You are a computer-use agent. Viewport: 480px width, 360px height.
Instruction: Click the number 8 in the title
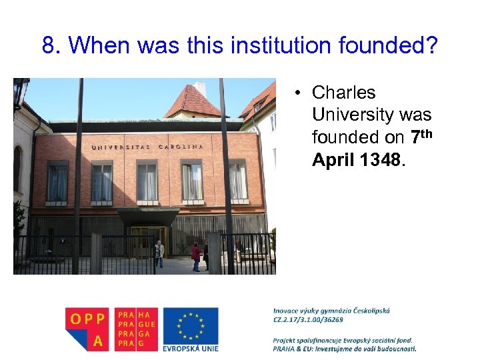pos(48,45)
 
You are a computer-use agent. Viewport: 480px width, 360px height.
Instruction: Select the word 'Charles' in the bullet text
pos(343,93)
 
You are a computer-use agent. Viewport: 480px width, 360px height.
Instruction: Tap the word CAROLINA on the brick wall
pos(181,146)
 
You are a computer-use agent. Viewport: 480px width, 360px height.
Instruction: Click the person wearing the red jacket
pos(195,255)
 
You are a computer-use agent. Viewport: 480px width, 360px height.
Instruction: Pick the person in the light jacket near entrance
pos(159,254)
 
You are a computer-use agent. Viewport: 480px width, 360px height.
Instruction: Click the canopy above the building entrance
pos(148,216)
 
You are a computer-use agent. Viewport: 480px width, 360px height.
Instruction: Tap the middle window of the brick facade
pos(146,181)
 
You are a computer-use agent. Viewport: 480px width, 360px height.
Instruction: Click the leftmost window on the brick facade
pos(57,182)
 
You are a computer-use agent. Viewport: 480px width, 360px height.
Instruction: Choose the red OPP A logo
pos(87,329)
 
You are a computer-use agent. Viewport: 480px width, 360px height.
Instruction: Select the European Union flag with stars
pos(191,325)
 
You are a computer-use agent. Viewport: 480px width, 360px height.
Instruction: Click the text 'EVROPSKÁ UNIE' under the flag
pos(191,347)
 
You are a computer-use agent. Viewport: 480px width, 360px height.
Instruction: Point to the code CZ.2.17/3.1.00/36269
pos(308,319)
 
